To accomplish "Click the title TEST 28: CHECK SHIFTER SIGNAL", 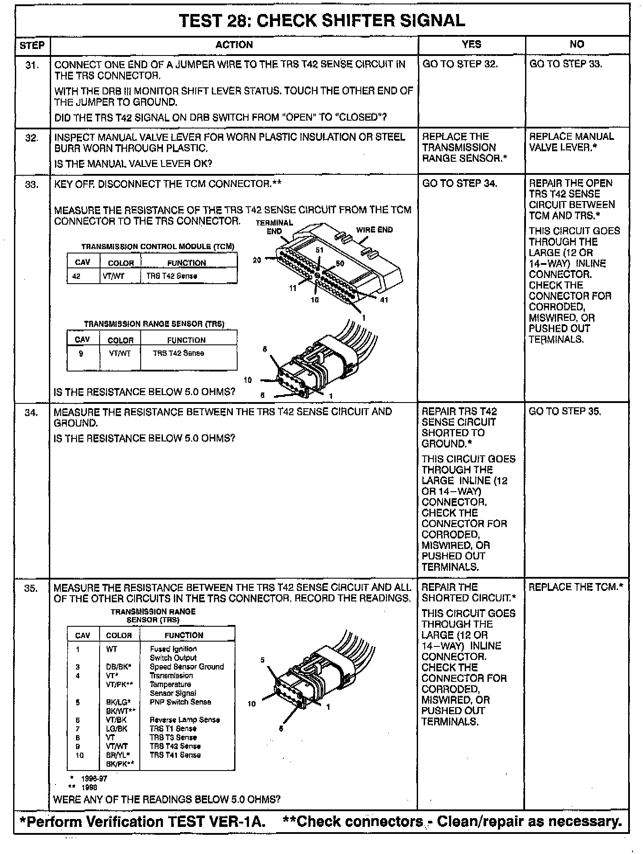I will (322, 21).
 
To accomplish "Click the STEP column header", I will (32, 45).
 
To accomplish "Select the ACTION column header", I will (234, 45).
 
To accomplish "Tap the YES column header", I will (471, 44).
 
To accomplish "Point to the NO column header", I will (577, 44).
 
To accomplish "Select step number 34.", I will (31, 413).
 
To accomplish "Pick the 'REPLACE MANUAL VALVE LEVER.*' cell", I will (571, 142).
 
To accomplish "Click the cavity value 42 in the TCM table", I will (76, 276).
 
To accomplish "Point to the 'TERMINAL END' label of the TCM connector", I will (274, 227).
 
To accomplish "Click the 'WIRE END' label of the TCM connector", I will (374, 230).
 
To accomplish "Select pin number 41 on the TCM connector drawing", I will (384, 300).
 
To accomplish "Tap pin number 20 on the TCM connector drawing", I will (257, 260).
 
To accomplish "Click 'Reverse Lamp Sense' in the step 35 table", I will (184, 720).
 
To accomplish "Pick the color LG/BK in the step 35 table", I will (117, 729).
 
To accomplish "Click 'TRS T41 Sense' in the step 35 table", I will (175, 755).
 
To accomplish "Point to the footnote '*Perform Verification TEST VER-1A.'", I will (143, 822).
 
